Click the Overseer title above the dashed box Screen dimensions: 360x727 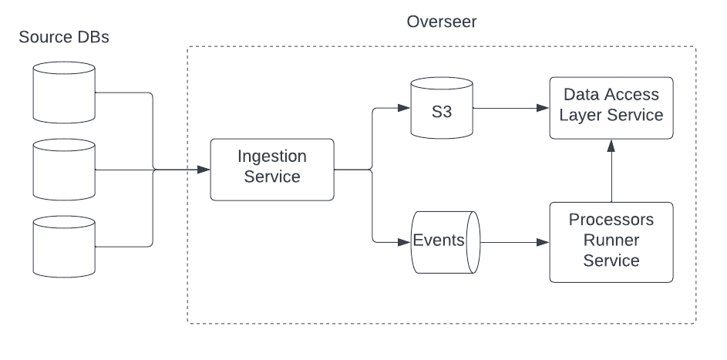[x=441, y=21]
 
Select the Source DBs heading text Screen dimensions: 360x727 [x=64, y=37]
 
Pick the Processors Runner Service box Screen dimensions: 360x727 [x=611, y=241]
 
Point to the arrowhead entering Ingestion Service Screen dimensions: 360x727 [x=204, y=170]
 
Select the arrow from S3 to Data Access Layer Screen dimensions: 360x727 [x=509, y=109]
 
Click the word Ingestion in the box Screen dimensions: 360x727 [x=272, y=156]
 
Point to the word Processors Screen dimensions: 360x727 [x=611, y=220]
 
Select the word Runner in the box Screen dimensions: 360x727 [x=611, y=241]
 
